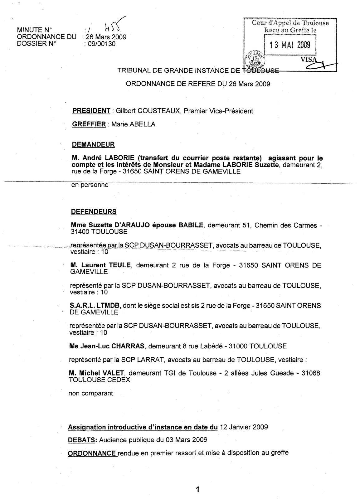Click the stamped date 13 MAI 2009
click(290, 45)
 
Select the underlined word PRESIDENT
click(91, 111)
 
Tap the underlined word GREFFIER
click(89, 124)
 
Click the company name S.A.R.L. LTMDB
click(95, 305)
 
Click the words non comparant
click(90, 393)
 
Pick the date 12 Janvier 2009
click(244, 427)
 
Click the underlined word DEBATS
click(82, 440)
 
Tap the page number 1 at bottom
click(197, 489)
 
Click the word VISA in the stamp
click(309, 60)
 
